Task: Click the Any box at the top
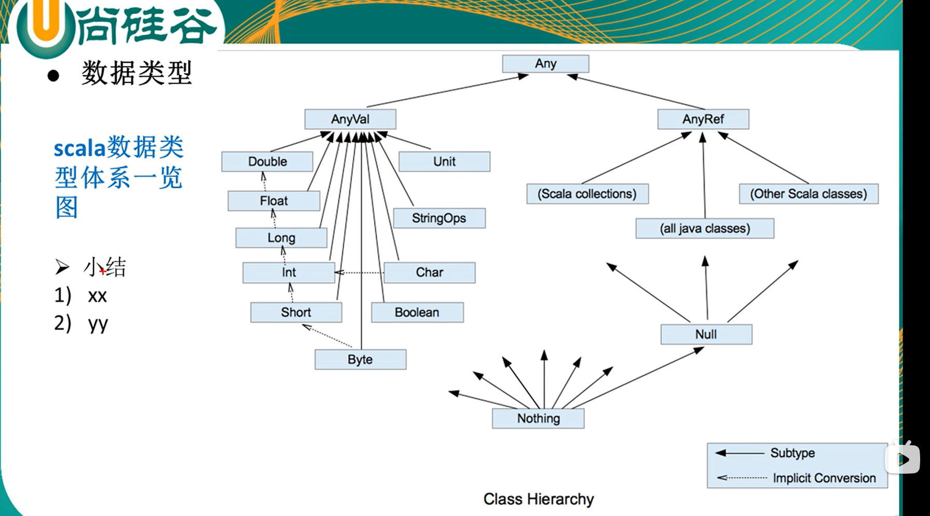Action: click(545, 64)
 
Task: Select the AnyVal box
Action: click(350, 119)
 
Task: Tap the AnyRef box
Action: click(703, 119)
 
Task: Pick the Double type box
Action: click(267, 161)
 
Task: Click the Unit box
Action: click(444, 161)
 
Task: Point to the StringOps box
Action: click(439, 218)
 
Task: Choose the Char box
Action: click(429, 273)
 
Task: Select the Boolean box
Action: click(417, 313)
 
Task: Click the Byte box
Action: click(360, 360)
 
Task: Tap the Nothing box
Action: click(538, 418)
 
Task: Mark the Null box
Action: click(706, 334)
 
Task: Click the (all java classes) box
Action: click(705, 228)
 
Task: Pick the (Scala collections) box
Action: click(587, 194)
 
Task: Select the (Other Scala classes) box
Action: click(809, 194)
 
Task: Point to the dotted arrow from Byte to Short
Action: click(327, 336)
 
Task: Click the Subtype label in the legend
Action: click(792, 453)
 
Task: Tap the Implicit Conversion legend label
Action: click(824, 478)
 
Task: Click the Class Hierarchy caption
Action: click(539, 499)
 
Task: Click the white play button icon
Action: click(903, 458)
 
